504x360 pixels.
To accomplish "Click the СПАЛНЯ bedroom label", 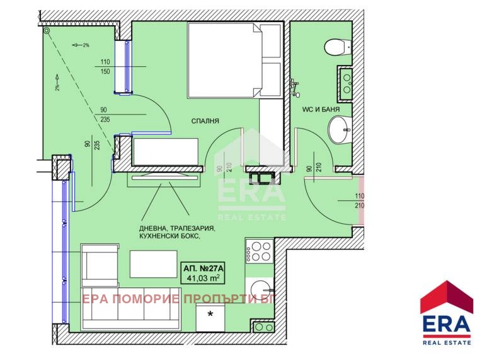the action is click(205, 121).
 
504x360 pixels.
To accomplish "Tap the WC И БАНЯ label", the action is click(321, 109).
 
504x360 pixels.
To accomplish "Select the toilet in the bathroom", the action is click(337, 47).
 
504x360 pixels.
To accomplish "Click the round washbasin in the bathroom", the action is click(340, 130).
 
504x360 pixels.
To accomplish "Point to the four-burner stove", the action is click(260, 251).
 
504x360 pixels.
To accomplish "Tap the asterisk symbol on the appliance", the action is click(210, 314).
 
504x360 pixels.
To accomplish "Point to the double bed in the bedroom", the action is click(234, 60).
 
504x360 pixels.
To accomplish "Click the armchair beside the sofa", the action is click(100, 265).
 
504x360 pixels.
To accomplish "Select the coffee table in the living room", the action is click(153, 264).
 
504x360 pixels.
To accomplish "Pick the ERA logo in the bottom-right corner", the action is click(447, 313).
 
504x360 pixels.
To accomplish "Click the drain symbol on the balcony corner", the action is click(47, 31).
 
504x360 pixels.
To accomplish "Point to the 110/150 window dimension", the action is click(105, 67).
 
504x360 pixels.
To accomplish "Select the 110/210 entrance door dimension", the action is click(359, 201).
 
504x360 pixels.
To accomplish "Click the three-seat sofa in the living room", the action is click(131, 308).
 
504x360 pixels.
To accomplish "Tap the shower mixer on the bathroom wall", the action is click(294, 88).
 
